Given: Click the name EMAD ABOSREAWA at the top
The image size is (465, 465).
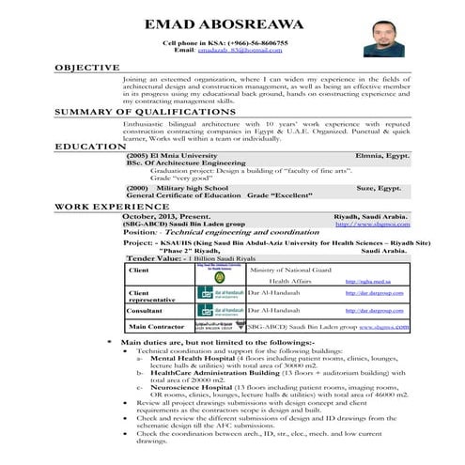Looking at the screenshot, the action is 232,23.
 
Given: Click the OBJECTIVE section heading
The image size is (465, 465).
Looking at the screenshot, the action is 86,69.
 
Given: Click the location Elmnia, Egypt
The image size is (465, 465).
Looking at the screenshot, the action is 382,154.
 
